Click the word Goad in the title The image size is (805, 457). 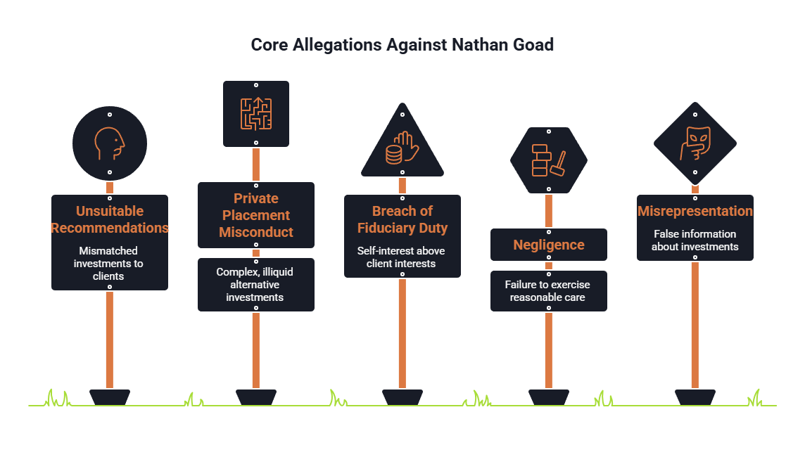pyautogui.click(x=533, y=44)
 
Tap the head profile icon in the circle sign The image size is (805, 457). pyautogui.click(x=109, y=143)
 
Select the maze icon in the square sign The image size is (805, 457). pyautogui.click(x=256, y=113)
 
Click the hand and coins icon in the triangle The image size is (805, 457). pyautogui.click(x=402, y=148)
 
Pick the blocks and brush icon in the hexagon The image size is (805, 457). pyautogui.click(x=549, y=160)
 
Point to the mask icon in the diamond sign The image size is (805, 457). pyautogui.click(x=695, y=143)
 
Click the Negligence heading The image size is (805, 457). pyautogui.click(x=549, y=245)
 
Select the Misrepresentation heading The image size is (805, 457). pyautogui.click(x=695, y=211)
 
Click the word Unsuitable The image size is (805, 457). pyautogui.click(x=110, y=211)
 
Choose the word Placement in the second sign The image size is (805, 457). pyautogui.click(x=256, y=215)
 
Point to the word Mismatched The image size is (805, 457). pyautogui.click(x=108, y=251)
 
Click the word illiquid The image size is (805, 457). pyautogui.click(x=278, y=272)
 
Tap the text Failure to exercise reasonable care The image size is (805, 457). pyautogui.click(x=547, y=291)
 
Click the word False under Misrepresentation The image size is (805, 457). pyautogui.click(x=666, y=234)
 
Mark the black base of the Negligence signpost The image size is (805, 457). pyautogui.click(x=549, y=397)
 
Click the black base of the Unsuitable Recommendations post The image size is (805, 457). pyautogui.click(x=110, y=397)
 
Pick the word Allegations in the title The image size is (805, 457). pyautogui.click(x=337, y=45)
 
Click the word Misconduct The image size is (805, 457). pyautogui.click(x=256, y=232)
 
